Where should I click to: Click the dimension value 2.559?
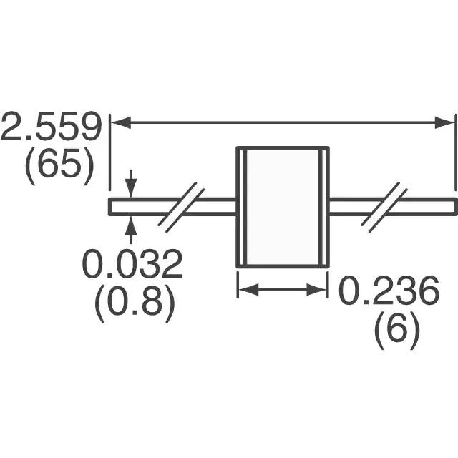click(52, 126)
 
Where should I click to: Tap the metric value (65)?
click(60, 167)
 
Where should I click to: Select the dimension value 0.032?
click(132, 263)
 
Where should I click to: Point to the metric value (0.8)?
click(135, 304)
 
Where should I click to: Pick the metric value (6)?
click(397, 330)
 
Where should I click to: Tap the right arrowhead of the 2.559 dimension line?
click(444, 122)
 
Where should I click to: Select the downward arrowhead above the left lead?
click(131, 188)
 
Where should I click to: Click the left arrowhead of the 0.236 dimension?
click(248, 289)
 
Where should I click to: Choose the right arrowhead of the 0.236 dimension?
click(316, 289)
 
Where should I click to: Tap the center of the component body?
click(283, 207)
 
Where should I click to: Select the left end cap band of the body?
click(242, 207)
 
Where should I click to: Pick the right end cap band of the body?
click(324, 207)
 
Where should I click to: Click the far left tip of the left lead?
click(109, 207)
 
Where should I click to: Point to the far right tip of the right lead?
click(457, 207)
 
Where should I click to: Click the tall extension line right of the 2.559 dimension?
click(455, 152)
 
